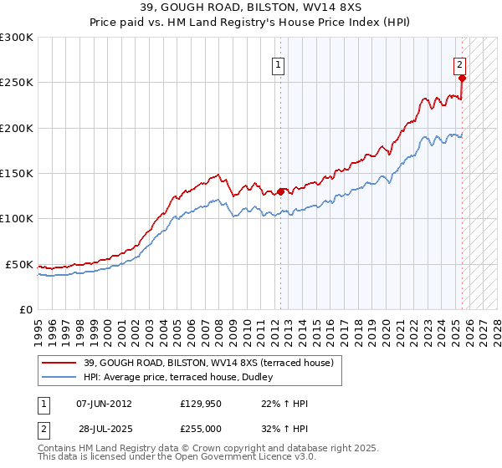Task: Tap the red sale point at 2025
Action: click(462, 79)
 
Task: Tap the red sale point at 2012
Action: click(280, 191)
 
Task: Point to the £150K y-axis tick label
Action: click(17, 174)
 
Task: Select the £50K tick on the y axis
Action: click(19, 264)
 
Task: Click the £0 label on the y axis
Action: click(25, 309)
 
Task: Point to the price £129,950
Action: click(201, 404)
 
